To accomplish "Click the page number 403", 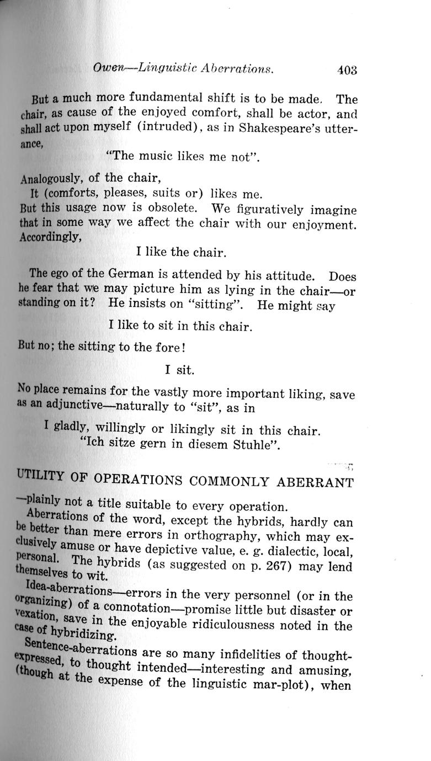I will coord(347,70).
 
